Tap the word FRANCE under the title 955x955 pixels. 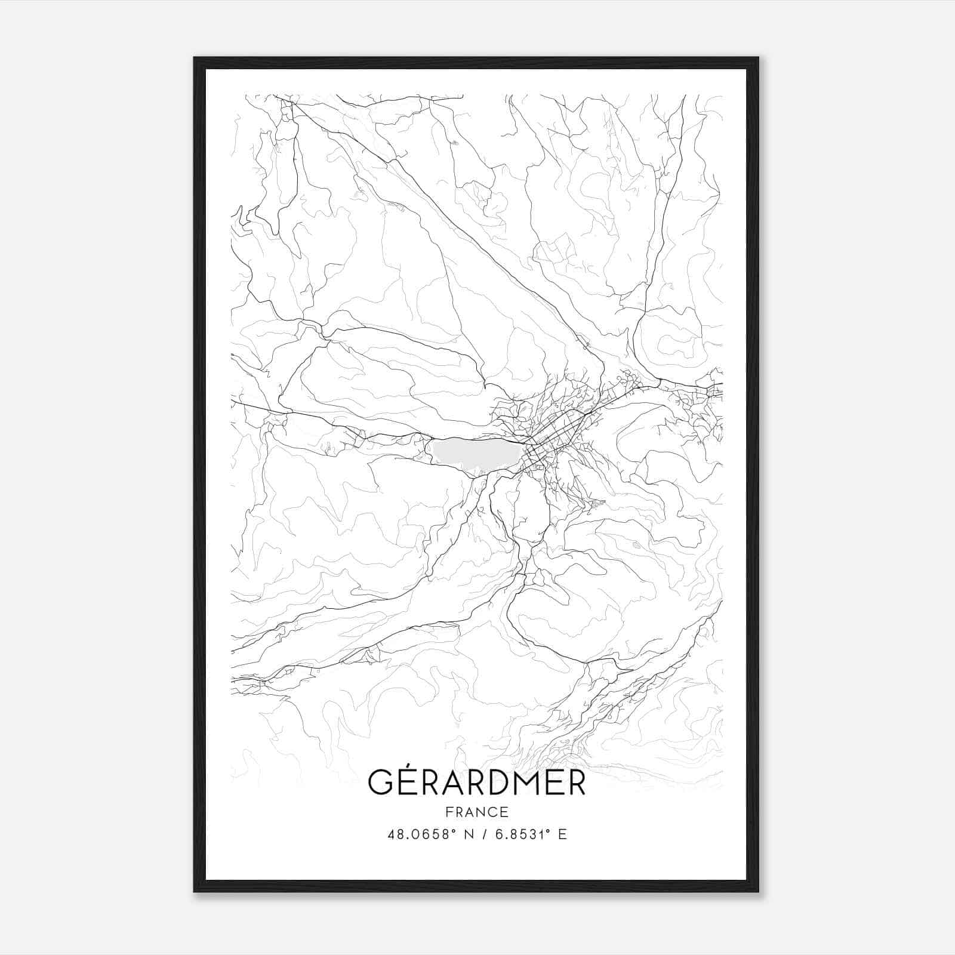[476, 812]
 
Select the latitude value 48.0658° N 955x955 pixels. [431, 834]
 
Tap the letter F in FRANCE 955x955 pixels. [448, 812]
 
